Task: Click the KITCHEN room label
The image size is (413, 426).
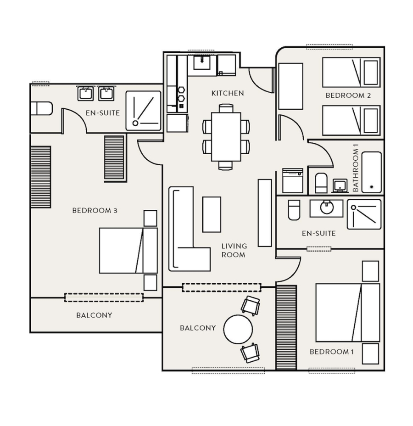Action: tap(228, 93)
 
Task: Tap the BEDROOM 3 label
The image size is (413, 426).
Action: tap(95, 211)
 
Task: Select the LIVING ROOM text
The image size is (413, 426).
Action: tap(234, 250)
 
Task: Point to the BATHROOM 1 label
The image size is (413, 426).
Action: tap(356, 168)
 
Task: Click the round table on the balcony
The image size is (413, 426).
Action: tap(238, 329)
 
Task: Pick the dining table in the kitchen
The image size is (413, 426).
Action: tap(226, 137)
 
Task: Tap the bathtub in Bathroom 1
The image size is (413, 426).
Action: tap(371, 172)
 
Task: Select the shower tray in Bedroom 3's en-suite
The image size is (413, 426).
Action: tap(143, 111)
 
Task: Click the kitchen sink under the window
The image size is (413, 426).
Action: tap(202, 62)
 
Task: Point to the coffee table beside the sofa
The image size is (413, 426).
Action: tap(212, 214)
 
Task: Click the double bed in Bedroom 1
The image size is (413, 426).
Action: tap(347, 313)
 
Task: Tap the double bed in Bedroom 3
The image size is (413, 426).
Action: tap(128, 251)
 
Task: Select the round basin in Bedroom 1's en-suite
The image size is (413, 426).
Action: tap(326, 207)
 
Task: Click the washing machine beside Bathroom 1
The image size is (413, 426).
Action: tap(293, 181)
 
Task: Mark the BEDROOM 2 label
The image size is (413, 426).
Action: tap(348, 95)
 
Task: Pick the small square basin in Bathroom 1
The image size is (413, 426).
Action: tap(340, 185)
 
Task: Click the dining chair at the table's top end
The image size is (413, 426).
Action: tap(226, 108)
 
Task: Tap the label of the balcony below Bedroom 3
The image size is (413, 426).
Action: tap(94, 315)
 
